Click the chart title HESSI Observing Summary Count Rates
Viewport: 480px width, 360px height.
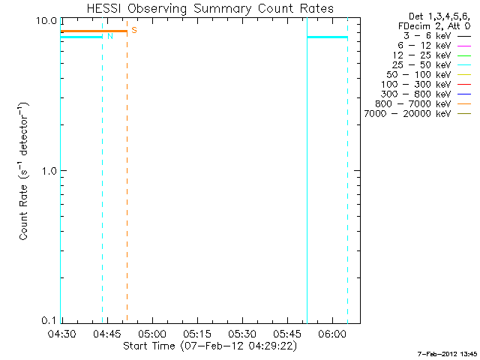pos(210,8)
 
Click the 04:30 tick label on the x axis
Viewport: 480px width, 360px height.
pos(61,332)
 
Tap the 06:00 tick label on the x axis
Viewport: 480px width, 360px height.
pos(332,332)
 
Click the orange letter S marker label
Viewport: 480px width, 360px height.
pos(133,30)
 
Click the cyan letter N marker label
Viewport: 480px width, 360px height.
pos(110,36)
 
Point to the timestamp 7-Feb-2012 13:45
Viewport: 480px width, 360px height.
pos(447,352)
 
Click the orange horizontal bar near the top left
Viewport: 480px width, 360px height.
pos(94,31)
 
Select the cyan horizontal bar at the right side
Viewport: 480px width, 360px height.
pos(327,37)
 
